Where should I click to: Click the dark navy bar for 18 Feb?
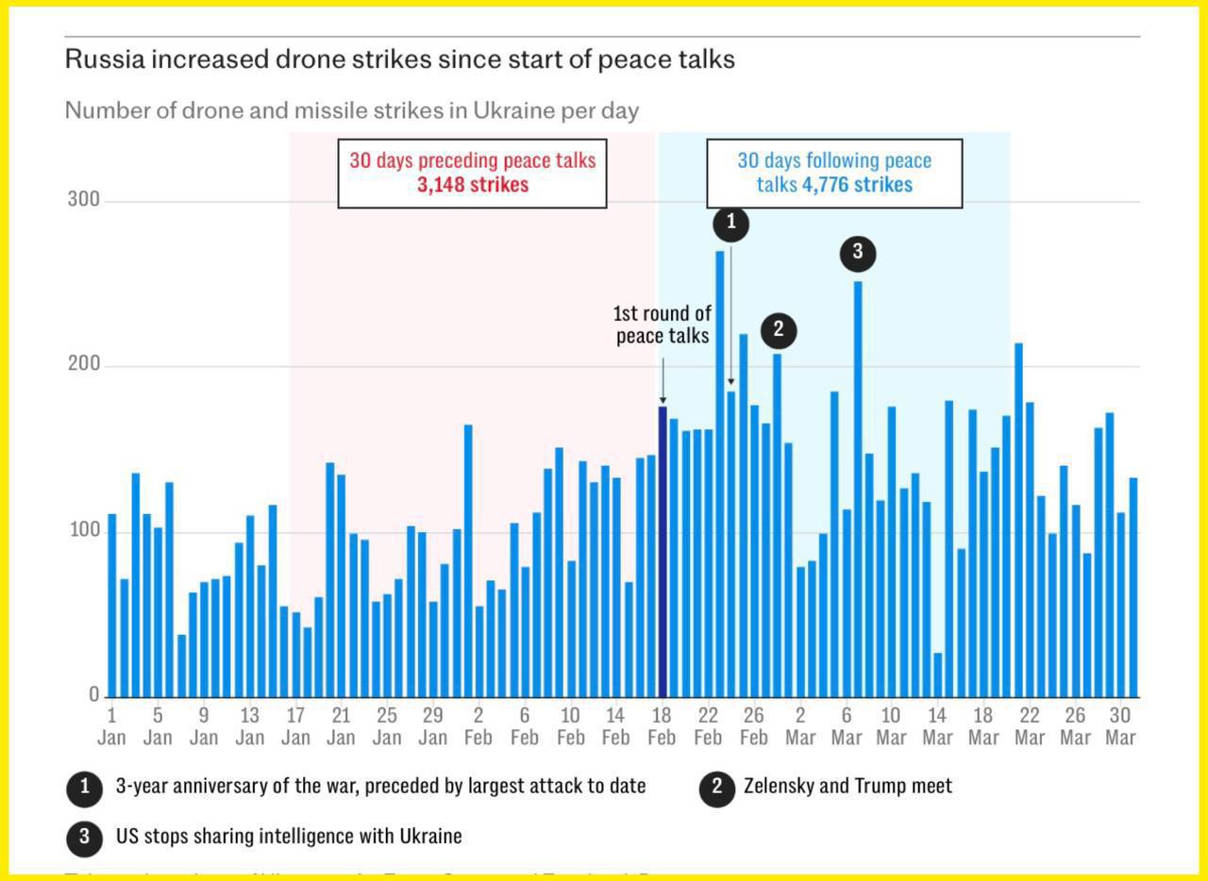click(663, 552)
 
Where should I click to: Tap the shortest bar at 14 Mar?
click(937, 675)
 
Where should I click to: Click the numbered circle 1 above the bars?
click(730, 224)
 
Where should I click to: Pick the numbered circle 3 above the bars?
click(858, 253)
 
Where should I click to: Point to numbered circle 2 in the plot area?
click(779, 330)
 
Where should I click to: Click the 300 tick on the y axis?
click(83, 200)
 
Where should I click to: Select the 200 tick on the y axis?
click(83, 365)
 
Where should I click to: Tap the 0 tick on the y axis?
click(94, 694)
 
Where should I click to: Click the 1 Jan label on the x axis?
click(111, 726)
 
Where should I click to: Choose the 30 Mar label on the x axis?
click(1120, 726)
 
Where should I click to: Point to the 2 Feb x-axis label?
click(478, 726)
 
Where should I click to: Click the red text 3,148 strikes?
click(473, 185)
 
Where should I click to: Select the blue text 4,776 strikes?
click(857, 185)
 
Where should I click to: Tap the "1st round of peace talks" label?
click(663, 324)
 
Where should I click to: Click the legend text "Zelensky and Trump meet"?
click(847, 786)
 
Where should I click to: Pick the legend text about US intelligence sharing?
click(289, 836)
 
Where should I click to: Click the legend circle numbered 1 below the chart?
click(85, 788)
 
